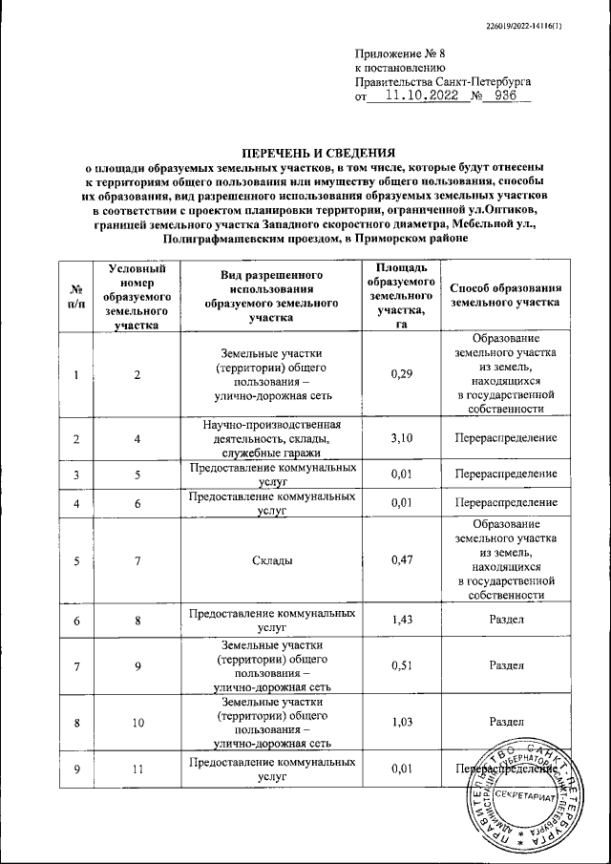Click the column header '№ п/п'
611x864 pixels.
[x=74, y=296]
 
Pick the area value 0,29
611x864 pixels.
[x=401, y=374]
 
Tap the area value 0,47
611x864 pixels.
[x=401, y=560]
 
